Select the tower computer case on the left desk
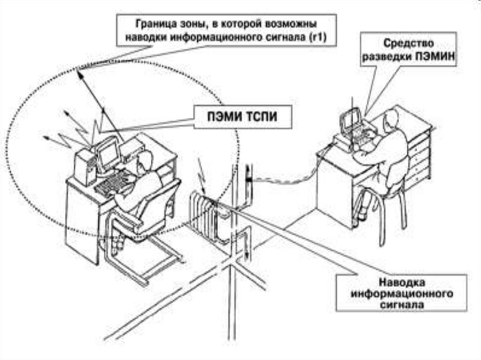pyautogui.click(x=85, y=167)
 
